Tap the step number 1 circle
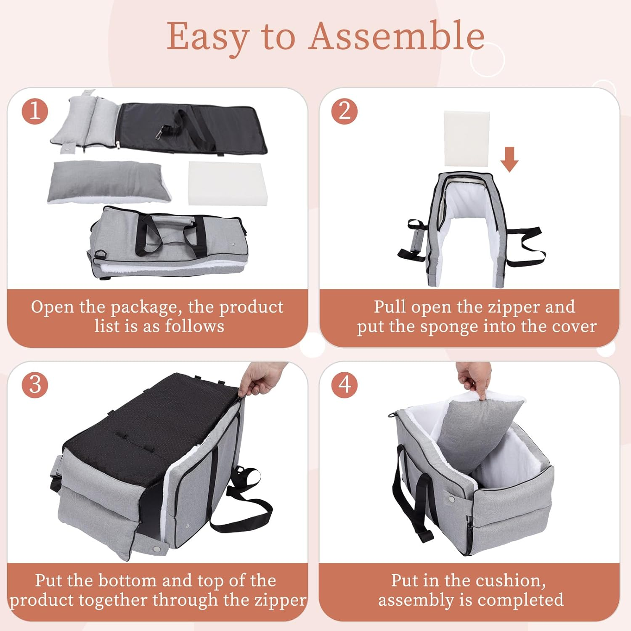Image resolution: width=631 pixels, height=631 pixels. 35,111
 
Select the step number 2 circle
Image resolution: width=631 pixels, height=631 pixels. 345,111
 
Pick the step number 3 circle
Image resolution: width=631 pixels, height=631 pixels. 35,385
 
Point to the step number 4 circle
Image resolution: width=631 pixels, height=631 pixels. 345,385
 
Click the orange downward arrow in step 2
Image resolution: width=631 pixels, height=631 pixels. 509,159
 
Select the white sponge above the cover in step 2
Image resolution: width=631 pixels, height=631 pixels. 467,139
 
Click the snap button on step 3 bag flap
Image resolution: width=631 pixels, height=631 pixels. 156,549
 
